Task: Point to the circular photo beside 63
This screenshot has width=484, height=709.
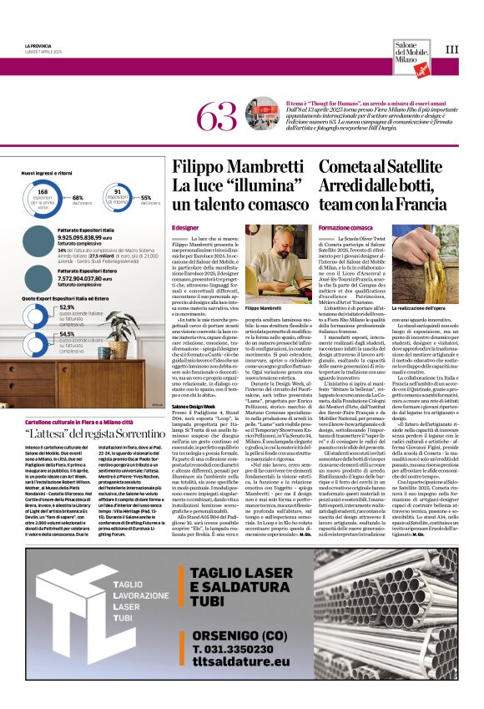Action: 256,113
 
